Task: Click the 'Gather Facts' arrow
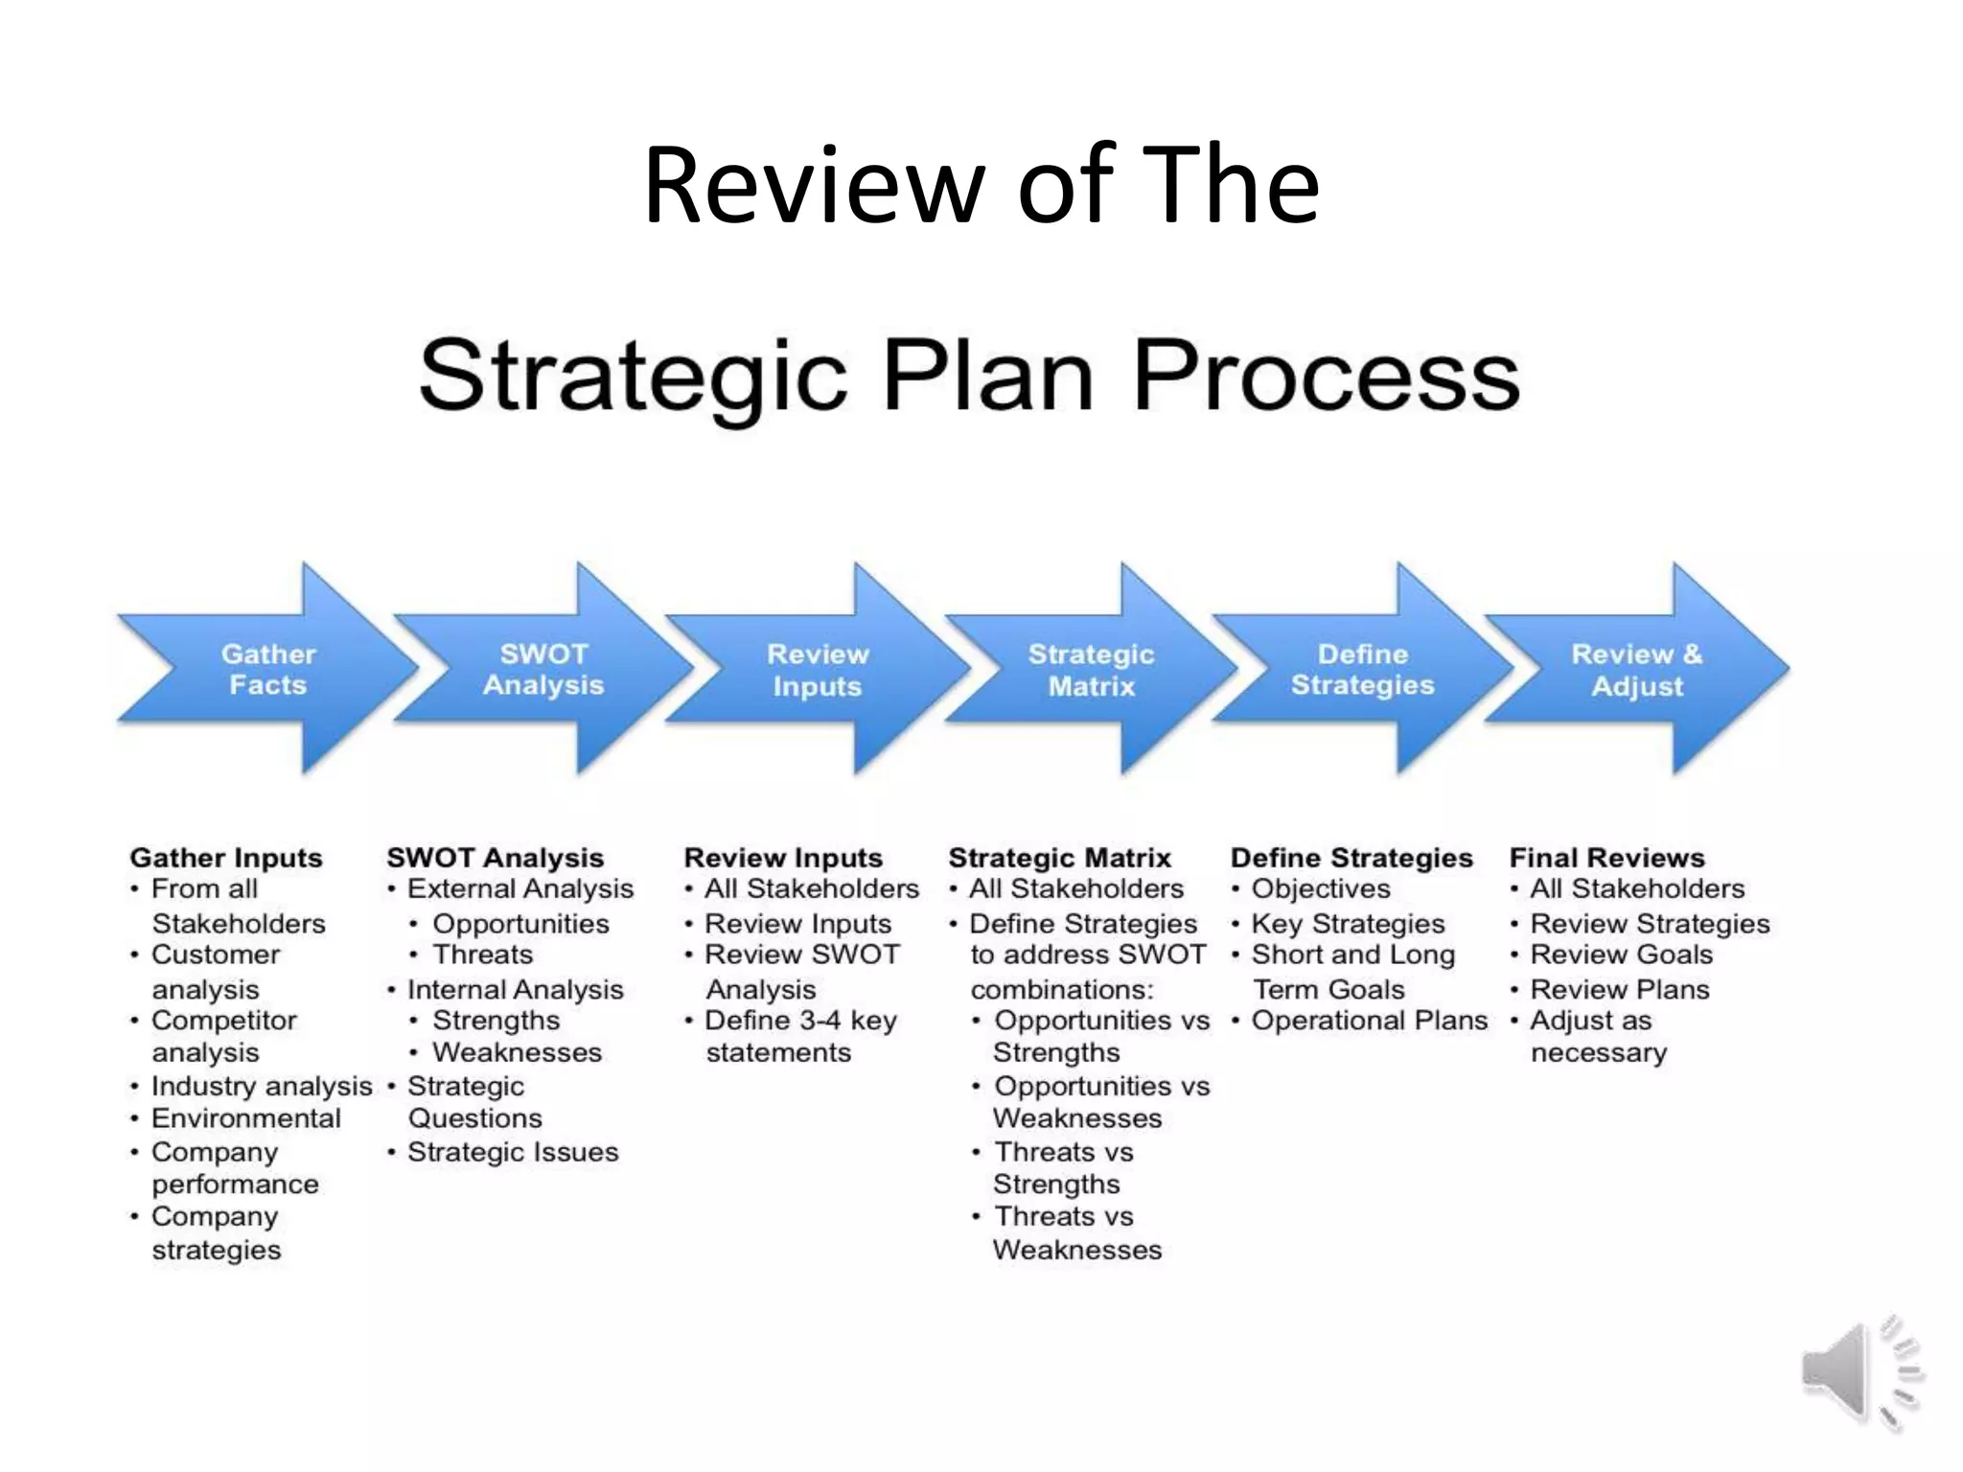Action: click(268, 669)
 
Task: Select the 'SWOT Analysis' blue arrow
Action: click(543, 669)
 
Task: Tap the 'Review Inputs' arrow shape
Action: click(818, 670)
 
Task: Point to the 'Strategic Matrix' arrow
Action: click(1091, 670)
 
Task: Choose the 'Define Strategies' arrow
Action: click(1362, 669)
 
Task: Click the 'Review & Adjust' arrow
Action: click(1637, 670)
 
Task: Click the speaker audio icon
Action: click(1859, 1371)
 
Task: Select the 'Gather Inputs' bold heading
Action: click(226, 858)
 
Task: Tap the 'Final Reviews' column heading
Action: click(1606, 858)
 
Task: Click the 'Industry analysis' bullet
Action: click(261, 1086)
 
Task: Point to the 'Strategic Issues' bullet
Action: click(513, 1151)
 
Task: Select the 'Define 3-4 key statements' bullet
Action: click(799, 1036)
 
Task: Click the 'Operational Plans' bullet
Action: click(1369, 1021)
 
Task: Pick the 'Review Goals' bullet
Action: click(1621, 954)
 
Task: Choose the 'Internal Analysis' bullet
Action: click(515, 989)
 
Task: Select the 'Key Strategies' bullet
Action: click(1348, 924)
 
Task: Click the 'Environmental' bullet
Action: click(245, 1118)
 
